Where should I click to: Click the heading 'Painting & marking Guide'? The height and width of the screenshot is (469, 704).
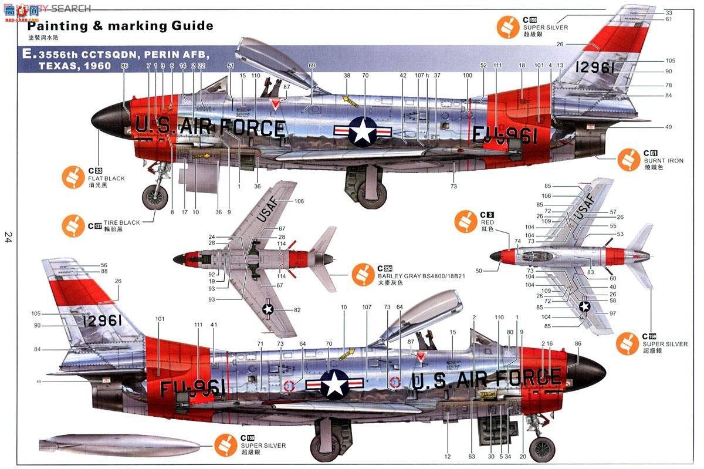point(120,26)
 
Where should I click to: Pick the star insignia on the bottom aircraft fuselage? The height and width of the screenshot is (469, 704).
point(334,384)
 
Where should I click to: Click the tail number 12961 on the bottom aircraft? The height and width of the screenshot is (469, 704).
point(103,320)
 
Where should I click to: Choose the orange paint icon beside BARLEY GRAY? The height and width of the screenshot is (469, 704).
point(363,274)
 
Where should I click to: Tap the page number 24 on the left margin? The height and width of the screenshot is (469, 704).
point(8,237)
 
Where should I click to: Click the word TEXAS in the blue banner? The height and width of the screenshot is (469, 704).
point(59,66)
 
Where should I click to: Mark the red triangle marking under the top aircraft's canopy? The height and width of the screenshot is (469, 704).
point(273,104)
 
